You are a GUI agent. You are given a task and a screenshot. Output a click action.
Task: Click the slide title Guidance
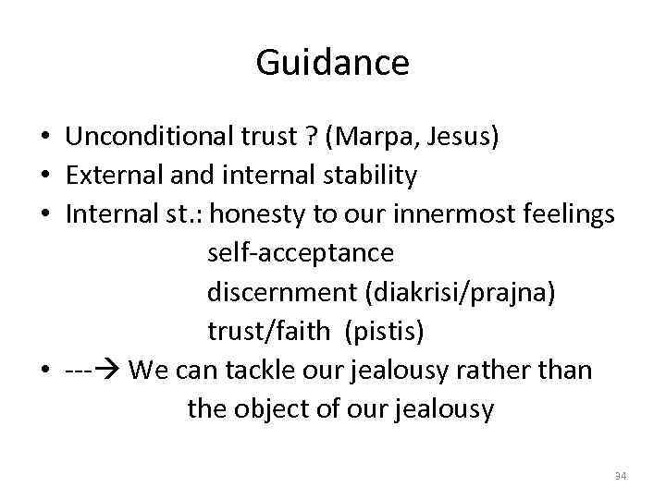tap(332, 63)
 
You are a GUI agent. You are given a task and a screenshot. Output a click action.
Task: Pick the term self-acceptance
tap(301, 252)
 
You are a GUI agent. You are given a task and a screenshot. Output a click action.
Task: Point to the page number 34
tap(620, 476)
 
